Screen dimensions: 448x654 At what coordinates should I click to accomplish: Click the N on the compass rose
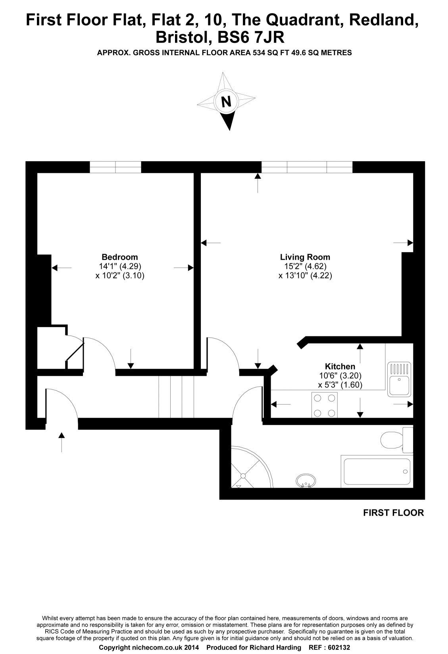pos(226,102)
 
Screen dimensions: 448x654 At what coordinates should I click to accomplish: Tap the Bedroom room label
pos(120,257)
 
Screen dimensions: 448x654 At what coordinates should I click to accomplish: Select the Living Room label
pos(305,257)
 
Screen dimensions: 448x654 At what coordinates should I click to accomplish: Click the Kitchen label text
pos(340,367)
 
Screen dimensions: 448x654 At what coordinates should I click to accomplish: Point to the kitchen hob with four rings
pos(325,405)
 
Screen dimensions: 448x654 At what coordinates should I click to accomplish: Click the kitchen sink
pos(399,379)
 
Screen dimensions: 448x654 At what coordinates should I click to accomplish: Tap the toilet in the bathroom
pos(397,440)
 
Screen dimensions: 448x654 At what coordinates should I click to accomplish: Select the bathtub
pos(377,471)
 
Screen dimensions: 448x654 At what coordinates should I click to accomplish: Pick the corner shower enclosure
pos(252,467)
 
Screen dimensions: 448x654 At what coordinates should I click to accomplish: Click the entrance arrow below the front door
pos(61,442)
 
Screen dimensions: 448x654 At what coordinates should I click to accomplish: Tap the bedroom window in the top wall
pos(115,167)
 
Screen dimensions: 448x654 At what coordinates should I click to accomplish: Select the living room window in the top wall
pos(307,167)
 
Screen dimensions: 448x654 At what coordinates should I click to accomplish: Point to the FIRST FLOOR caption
pos(393,513)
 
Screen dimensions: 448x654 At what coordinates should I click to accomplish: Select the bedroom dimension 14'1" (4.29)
pos(120,266)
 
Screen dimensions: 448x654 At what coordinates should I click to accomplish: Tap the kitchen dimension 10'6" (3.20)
pos(340,376)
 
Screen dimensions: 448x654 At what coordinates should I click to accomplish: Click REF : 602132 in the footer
pos(329,647)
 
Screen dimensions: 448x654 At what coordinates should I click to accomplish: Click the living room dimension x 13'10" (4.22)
pos(305,276)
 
